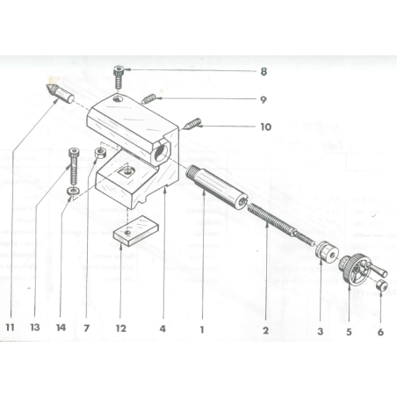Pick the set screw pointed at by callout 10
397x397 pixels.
(195, 124)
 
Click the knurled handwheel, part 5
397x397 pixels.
(351, 267)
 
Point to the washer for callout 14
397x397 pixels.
(72, 191)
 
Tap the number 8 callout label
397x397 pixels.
(263, 70)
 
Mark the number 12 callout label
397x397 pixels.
(121, 329)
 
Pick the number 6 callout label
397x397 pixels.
(379, 331)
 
